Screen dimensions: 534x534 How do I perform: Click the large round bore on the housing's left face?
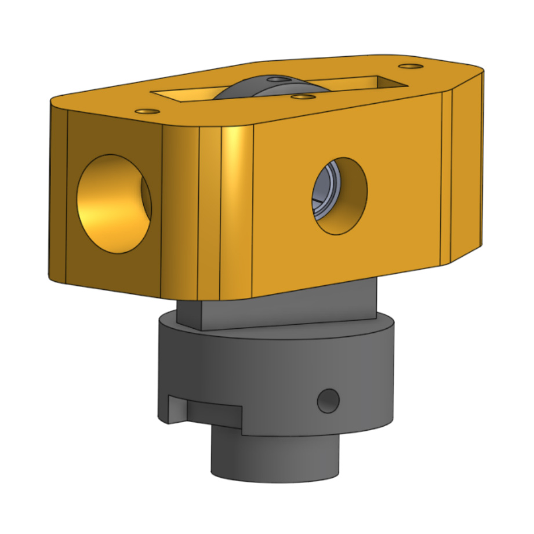coord(114,204)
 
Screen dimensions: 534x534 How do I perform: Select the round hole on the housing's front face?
coord(340,196)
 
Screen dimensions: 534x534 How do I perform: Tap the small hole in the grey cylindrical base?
coord(328,401)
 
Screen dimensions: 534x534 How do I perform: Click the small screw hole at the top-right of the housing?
coord(411,66)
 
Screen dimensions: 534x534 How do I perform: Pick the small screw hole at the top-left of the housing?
coord(147,111)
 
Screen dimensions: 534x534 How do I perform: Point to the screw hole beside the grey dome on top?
coord(303,97)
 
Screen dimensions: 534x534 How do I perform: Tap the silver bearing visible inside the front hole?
coord(321,194)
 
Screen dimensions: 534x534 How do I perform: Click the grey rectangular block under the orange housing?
coord(278,307)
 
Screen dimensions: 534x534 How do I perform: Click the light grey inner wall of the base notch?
coord(177,409)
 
